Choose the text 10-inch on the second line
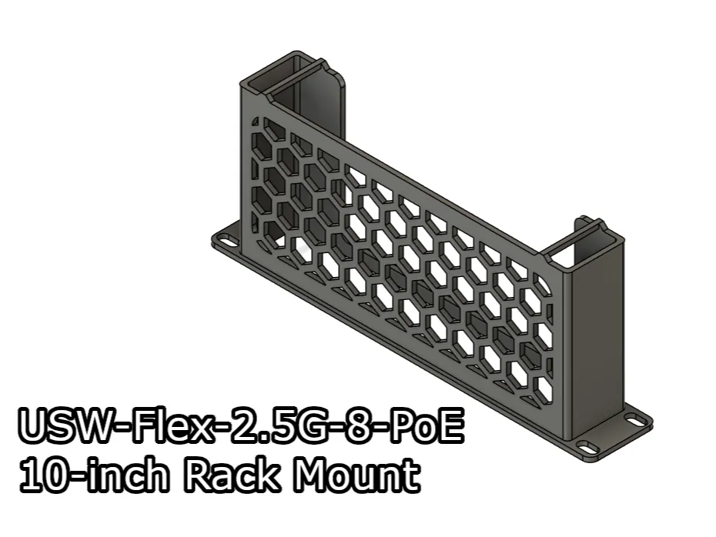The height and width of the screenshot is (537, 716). click(x=93, y=476)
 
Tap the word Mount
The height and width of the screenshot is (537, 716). click(x=357, y=476)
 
